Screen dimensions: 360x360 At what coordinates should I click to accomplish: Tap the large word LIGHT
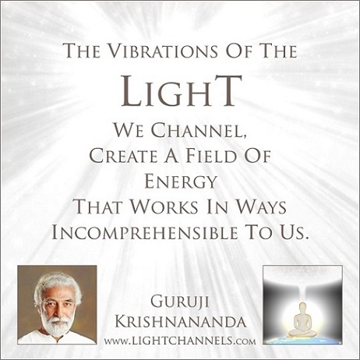(x=182, y=90)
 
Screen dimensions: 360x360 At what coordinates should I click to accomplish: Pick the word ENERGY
(x=180, y=182)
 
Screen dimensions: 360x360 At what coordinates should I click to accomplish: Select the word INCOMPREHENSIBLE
(x=144, y=232)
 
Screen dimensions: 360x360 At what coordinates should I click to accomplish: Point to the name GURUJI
(x=180, y=303)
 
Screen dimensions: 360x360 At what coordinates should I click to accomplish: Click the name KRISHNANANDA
(x=180, y=322)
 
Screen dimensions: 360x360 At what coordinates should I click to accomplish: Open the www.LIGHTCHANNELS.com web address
(x=180, y=340)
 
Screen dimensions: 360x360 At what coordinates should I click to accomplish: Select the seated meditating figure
(x=302, y=319)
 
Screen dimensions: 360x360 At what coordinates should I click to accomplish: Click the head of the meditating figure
(x=302, y=306)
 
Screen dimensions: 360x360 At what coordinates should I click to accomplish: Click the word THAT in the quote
(x=98, y=207)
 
